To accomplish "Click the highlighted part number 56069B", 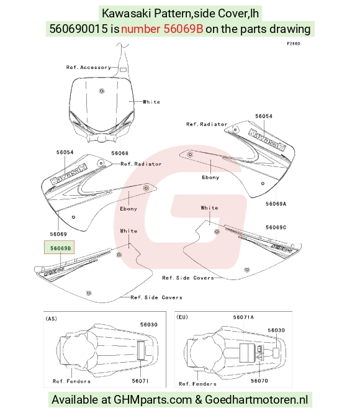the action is click(61, 248).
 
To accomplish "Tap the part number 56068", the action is click(120, 153).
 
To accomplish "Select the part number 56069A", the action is click(276, 204).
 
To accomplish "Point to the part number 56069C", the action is click(276, 227).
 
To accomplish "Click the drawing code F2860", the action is click(294, 43).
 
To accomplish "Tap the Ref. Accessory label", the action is click(89, 68).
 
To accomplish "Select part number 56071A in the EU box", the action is click(243, 317).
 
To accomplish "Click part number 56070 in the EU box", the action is click(259, 381).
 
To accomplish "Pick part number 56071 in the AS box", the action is click(140, 381).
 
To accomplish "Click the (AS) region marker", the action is click(52, 319).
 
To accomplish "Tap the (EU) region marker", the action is click(182, 317).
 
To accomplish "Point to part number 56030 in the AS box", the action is click(149, 324).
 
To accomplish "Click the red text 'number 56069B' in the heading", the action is click(162, 29).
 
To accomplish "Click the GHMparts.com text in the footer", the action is click(153, 399).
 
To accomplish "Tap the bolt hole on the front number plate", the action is click(102, 91).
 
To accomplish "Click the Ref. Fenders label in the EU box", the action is click(197, 384).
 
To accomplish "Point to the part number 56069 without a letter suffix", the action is click(58, 234).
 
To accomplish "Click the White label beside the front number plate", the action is click(151, 102).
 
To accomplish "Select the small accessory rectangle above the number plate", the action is click(123, 70).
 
